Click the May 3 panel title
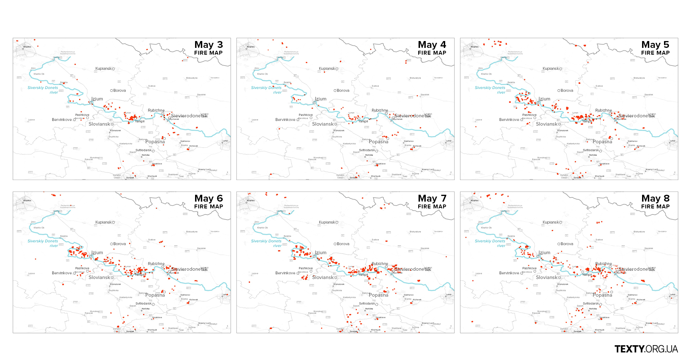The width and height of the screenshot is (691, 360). (208, 45)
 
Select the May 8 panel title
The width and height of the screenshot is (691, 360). (655, 198)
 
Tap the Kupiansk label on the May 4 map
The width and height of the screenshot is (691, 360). (327, 68)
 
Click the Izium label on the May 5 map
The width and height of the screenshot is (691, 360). (544, 99)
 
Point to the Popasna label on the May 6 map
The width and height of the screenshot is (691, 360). (155, 295)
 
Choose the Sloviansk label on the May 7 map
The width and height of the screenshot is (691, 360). (322, 278)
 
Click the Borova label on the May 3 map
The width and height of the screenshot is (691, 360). (119, 91)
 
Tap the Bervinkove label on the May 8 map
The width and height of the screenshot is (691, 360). (509, 273)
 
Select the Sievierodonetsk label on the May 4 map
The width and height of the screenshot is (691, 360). (412, 116)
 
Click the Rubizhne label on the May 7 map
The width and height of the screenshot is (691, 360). (380, 264)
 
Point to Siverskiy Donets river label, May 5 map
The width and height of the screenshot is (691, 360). (490, 90)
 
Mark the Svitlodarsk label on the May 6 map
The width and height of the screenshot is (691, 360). (143, 304)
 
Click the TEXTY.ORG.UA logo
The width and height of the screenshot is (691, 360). (646, 349)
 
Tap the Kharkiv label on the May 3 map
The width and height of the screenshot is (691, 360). (27, 47)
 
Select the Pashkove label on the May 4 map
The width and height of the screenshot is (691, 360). (306, 115)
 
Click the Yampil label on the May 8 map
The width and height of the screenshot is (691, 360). (587, 275)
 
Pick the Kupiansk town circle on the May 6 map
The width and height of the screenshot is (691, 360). (113, 222)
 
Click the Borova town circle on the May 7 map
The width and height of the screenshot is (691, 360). (335, 244)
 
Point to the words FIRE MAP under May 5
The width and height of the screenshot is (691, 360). (655, 53)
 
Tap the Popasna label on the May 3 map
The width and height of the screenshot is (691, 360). (155, 142)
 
